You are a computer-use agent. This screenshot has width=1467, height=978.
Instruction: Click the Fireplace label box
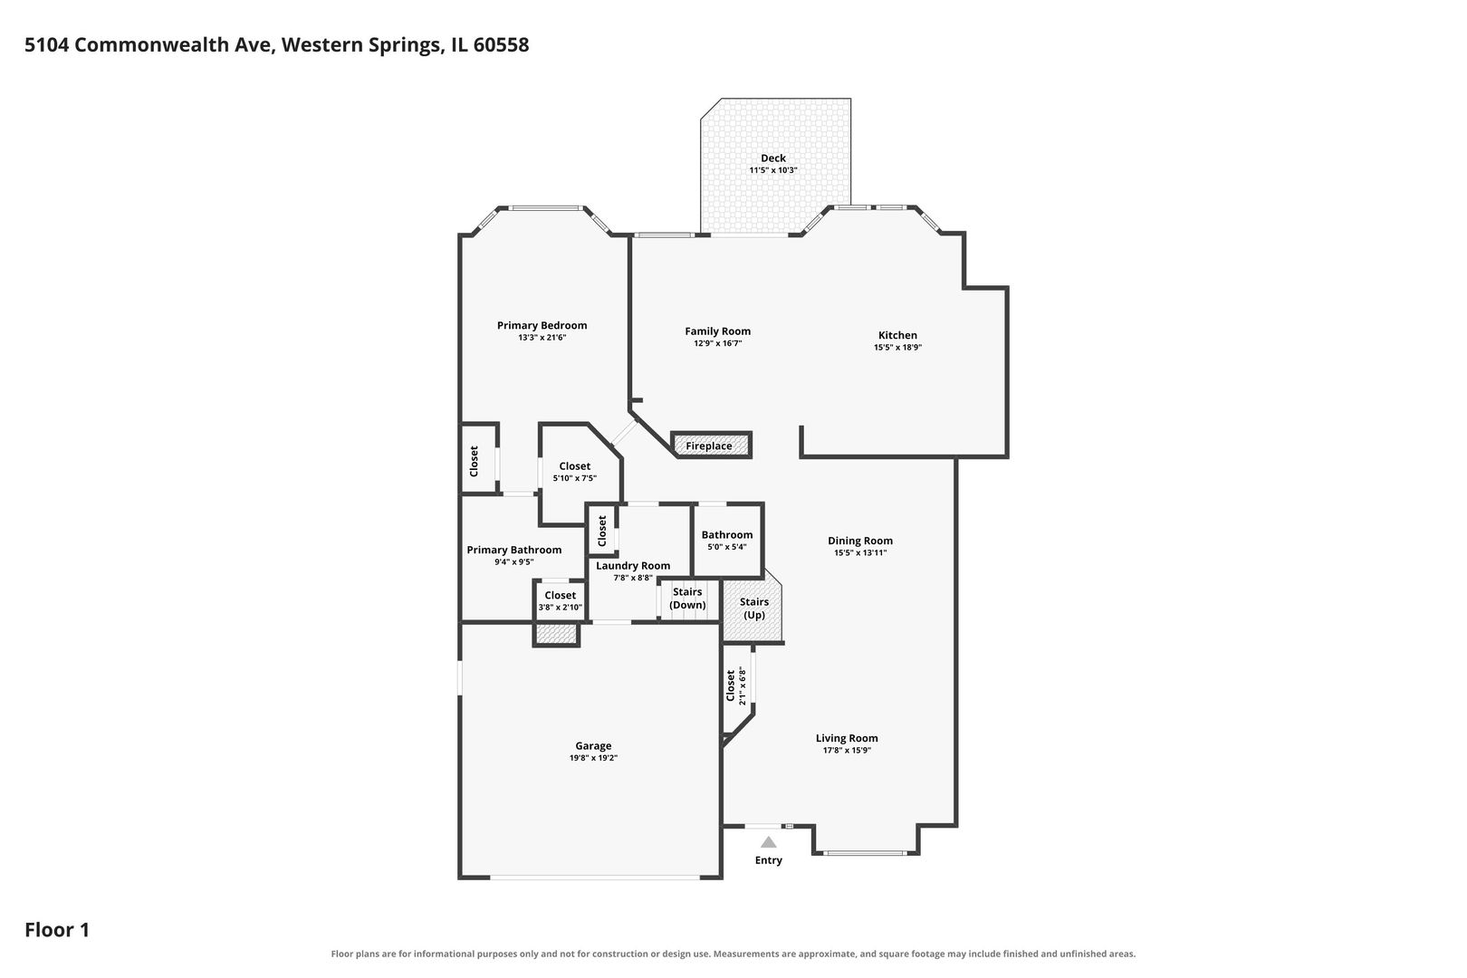711,446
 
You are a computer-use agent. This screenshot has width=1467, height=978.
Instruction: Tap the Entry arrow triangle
768,842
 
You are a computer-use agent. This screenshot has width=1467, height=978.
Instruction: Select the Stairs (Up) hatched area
753,606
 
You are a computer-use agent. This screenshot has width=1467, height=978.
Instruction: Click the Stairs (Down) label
687,598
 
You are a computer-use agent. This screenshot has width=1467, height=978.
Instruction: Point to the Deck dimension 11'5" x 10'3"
773,170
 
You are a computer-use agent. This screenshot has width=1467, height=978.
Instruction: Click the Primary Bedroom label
542,326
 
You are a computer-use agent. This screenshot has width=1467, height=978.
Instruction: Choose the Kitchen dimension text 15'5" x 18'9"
898,348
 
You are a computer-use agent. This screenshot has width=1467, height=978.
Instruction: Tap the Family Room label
718,331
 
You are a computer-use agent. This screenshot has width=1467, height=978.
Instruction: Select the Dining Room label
860,541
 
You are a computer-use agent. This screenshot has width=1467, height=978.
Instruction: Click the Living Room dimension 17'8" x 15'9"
847,751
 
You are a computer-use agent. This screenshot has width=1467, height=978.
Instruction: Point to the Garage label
593,745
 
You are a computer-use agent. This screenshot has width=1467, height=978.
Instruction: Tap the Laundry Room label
633,565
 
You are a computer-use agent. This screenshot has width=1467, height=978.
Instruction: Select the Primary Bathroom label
514,550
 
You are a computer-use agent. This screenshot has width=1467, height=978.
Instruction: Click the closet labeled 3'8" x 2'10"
560,600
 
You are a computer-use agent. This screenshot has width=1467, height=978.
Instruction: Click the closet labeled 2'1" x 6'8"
738,688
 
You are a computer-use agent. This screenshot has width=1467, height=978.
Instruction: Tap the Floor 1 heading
57,929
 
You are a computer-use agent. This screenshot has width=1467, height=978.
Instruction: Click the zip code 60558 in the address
501,44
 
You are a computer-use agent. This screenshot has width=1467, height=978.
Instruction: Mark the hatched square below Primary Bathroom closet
556,634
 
